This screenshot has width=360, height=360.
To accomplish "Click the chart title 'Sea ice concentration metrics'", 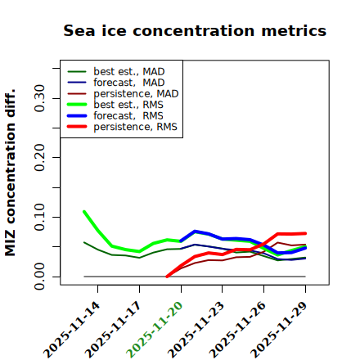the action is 195,30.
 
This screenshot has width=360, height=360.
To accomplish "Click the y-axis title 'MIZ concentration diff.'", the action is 10,173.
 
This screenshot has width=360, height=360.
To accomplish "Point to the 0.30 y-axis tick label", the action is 39,98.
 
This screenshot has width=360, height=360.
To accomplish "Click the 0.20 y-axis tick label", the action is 39,158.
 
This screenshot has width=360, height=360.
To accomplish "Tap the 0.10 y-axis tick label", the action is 39,217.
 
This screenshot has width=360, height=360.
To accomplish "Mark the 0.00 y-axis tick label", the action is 39,277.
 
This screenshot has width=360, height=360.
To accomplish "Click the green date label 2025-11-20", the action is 155,330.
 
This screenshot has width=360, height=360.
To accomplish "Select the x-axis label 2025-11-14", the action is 71,330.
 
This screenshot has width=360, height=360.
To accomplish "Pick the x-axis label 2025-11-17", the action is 113,330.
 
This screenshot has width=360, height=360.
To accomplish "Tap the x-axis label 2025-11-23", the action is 196,330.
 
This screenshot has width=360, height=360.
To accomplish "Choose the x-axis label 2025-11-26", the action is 237,330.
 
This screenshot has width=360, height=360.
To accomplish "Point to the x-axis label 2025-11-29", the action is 279,330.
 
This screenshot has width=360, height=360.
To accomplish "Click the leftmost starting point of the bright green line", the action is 84,212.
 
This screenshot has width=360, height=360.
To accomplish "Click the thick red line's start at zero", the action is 167,277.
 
